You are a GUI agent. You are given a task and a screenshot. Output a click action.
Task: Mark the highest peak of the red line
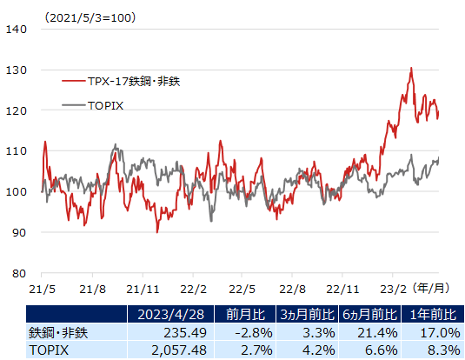(411, 68)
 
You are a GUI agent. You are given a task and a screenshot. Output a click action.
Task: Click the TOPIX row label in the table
(48, 350)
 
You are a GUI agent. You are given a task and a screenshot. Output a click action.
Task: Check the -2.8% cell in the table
(252, 332)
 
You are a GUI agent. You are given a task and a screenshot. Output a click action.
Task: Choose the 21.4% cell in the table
(378, 332)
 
